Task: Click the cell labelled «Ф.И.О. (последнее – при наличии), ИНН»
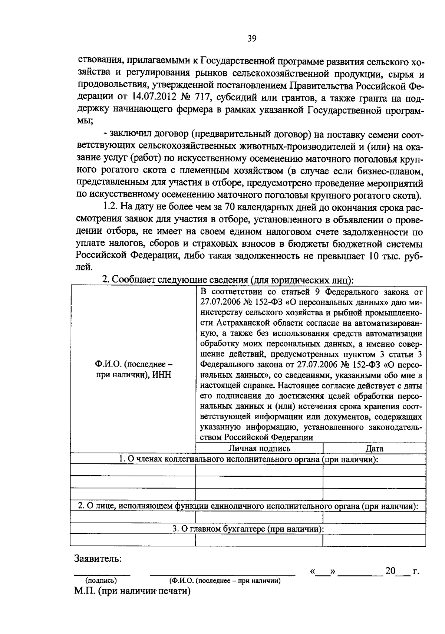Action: click(133, 369)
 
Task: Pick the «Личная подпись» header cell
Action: click(259, 448)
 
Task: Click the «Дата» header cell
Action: click(374, 448)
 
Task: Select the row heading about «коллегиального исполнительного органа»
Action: click(248, 459)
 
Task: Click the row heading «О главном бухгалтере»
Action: click(248, 529)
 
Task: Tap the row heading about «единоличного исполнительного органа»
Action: click(248, 506)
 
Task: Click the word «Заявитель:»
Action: click(98, 558)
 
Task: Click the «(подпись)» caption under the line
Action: click(101, 581)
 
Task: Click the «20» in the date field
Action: click(390, 571)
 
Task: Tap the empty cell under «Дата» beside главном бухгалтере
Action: click(374, 540)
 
